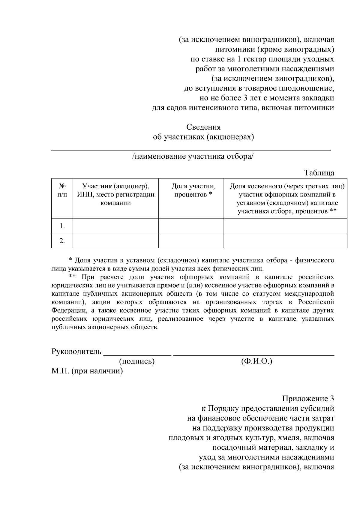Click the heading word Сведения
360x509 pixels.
click(203, 127)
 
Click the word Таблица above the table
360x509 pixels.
click(319, 173)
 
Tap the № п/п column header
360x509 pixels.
click(62, 190)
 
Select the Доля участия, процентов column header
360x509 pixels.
click(193, 190)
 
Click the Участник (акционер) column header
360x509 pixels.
click(116, 194)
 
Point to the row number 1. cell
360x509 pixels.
click(62, 226)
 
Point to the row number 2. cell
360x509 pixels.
click(62, 241)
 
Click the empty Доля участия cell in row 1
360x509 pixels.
click(191, 226)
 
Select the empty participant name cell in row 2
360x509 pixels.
click(116, 241)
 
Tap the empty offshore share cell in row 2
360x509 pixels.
click(285, 241)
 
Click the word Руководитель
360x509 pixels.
click(76, 351)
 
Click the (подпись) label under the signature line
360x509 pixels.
click(137, 361)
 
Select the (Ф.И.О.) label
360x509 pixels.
click(256, 361)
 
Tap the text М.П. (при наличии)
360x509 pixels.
click(87, 371)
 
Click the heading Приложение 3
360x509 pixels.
click(308, 399)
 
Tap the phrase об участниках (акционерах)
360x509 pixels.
click(203, 137)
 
